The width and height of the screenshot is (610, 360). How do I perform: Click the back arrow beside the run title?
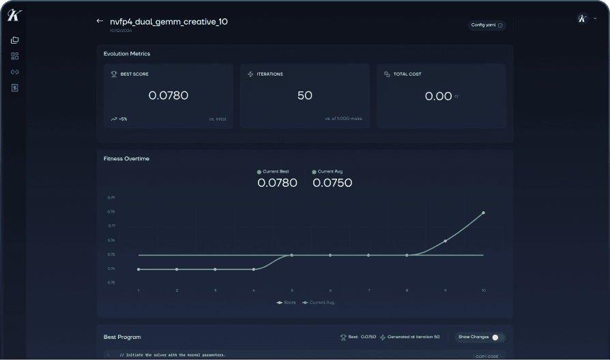click(100, 21)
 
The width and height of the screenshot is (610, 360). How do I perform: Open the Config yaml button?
click(486, 25)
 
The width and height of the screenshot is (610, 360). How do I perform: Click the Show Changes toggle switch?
click(498, 337)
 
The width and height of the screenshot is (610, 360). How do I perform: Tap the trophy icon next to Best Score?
click(114, 74)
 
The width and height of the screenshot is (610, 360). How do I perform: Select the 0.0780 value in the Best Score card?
click(168, 96)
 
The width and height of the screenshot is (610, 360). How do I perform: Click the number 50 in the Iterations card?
click(304, 96)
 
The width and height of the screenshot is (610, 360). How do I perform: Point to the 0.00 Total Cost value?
click(438, 96)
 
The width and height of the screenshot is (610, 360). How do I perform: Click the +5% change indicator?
click(119, 119)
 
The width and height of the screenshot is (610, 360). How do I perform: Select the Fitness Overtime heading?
click(126, 159)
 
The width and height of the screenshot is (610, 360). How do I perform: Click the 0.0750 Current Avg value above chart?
click(332, 183)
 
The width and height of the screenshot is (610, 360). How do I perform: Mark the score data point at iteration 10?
click(483, 213)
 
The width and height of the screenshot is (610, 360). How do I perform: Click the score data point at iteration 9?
click(445, 241)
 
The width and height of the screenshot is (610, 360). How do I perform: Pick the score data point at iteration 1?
click(139, 269)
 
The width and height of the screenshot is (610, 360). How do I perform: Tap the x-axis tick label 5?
click(292, 290)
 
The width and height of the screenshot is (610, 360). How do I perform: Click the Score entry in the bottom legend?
click(287, 302)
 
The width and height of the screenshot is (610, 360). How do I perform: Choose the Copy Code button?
click(486, 356)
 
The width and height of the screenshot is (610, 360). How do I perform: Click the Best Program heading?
click(122, 337)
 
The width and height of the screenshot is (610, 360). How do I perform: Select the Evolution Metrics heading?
click(127, 54)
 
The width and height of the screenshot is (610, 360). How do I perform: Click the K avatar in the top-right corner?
click(582, 19)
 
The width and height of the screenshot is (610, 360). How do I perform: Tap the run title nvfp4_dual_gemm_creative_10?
click(169, 22)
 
